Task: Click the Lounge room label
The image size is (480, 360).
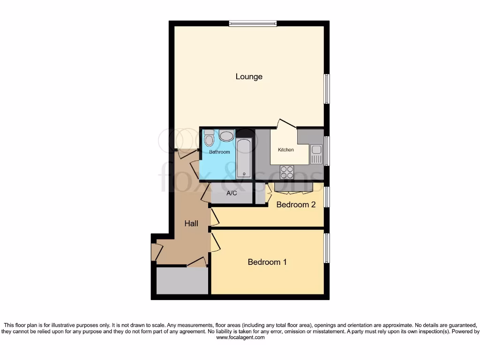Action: [249, 76]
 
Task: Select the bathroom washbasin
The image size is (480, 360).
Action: [226, 136]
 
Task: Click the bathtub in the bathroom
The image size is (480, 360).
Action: [244, 158]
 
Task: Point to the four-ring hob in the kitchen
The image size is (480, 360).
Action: [287, 172]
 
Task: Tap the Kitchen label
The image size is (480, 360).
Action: [286, 150]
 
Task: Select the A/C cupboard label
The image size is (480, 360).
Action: [232, 194]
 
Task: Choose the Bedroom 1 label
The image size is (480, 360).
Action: [267, 262]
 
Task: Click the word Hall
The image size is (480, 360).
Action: [191, 224]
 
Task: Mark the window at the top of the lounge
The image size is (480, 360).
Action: [253, 23]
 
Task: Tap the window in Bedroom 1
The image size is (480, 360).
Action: [327, 248]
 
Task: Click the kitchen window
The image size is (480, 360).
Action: [327, 151]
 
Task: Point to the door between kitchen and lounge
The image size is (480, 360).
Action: [287, 123]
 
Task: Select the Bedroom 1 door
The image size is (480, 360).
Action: [216, 243]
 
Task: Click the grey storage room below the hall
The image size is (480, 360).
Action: [182, 281]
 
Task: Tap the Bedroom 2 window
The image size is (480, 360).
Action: [327, 197]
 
